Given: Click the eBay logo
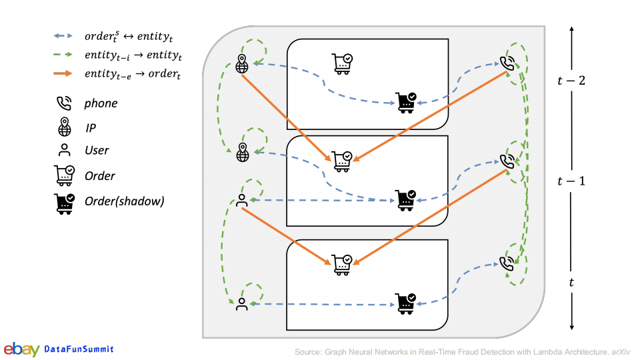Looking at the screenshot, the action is (21, 349).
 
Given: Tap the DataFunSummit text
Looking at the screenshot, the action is (79, 349).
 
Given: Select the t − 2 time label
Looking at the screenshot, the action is (571, 81).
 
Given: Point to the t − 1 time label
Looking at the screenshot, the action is (571, 181).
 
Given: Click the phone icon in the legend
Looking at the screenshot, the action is (64, 103).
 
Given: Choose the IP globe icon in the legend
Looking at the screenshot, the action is (64, 127).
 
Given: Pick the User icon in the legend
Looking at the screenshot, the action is (64, 151).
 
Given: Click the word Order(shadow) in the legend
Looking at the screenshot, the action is (124, 201).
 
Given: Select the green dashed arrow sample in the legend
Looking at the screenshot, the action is (65, 55).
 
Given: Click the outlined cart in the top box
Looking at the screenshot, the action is (343, 62).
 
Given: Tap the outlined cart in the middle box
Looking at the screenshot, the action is (343, 161).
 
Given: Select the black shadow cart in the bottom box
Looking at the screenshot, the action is (405, 303).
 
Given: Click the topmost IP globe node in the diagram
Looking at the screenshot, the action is (242, 65).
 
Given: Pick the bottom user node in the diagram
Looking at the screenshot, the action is (241, 304).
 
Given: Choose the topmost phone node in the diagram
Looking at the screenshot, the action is (508, 64).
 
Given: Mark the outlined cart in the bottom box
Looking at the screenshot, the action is (343, 263).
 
